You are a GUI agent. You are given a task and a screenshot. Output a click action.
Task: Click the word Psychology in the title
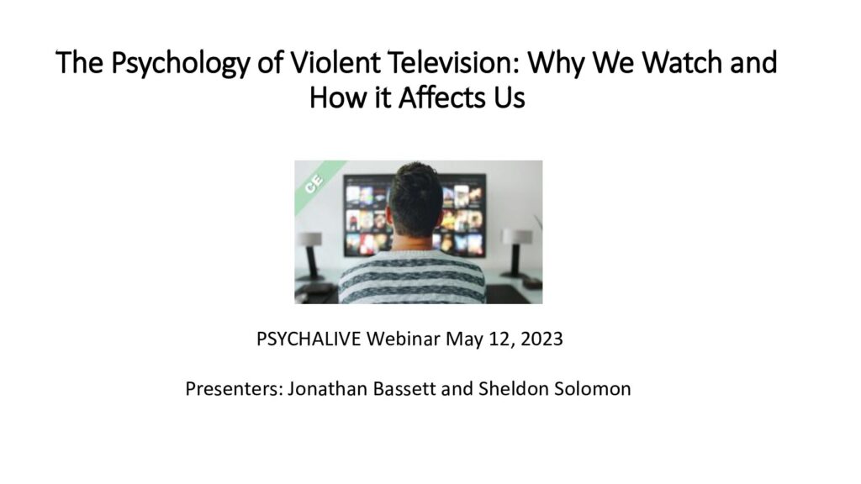pyautogui.click(x=181, y=64)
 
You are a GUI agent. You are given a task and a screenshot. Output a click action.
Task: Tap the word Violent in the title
pyautogui.click(x=335, y=62)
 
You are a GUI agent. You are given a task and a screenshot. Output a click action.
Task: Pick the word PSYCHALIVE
pyautogui.click(x=309, y=339)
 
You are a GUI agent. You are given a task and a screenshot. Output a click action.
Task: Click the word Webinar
pyautogui.click(x=403, y=339)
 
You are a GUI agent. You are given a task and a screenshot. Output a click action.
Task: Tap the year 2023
pyautogui.click(x=541, y=339)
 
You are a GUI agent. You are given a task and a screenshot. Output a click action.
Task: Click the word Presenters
pyautogui.click(x=235, y=388)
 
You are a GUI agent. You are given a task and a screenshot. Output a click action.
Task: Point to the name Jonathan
pyautogui.click(x=327, y=388)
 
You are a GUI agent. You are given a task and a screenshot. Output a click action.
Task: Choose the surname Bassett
pyautogui.click(x=404, y=388)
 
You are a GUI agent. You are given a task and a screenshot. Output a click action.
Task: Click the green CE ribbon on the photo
pyautogui.click(x=317, y=182)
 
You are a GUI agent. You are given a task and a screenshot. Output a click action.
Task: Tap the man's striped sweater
pyautogui.click(x=412, y=277)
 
